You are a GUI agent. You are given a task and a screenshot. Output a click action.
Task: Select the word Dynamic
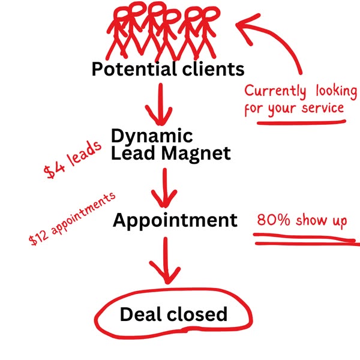coord(152,135)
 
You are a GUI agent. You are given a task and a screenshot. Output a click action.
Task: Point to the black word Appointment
coord(175,220)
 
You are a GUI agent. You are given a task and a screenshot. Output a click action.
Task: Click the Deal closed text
coord(173,314)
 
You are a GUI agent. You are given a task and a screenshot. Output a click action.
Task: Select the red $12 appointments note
coord(71,220)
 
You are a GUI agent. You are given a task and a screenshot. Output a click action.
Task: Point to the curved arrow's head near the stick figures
coord(246,27)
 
